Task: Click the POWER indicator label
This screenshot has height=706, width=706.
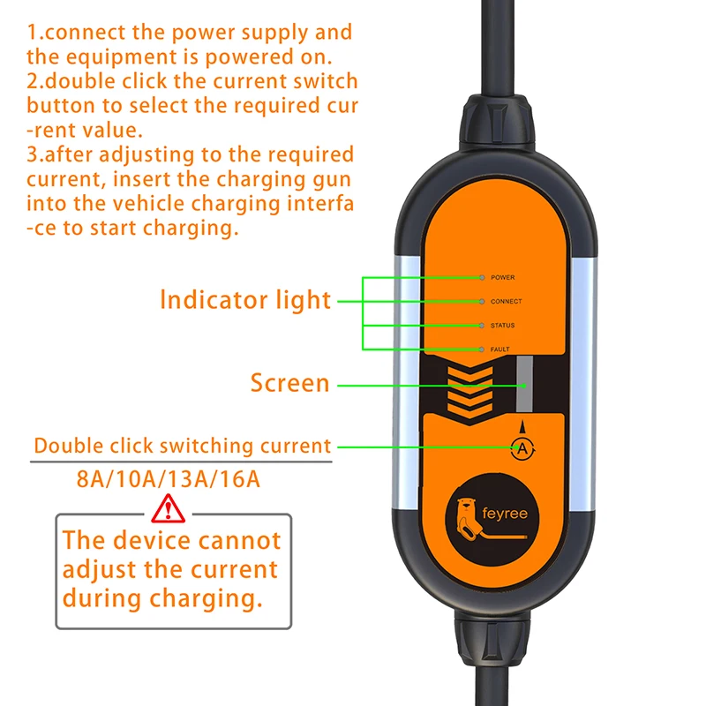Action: [502, 277]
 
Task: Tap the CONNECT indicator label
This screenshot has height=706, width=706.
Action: [506, 302]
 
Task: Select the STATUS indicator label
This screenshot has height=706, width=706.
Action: [502, 326]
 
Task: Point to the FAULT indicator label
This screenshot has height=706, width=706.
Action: [500, 349]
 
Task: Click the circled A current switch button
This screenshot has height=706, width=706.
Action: [522, 448]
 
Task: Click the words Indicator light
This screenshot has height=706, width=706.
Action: [244, 299]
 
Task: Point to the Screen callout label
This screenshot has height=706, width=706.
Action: [289, 383]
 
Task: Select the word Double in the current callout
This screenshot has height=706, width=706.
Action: [67, 446]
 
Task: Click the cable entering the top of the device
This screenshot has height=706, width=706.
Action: [491, 44]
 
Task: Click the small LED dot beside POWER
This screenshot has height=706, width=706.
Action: [481, 277]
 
